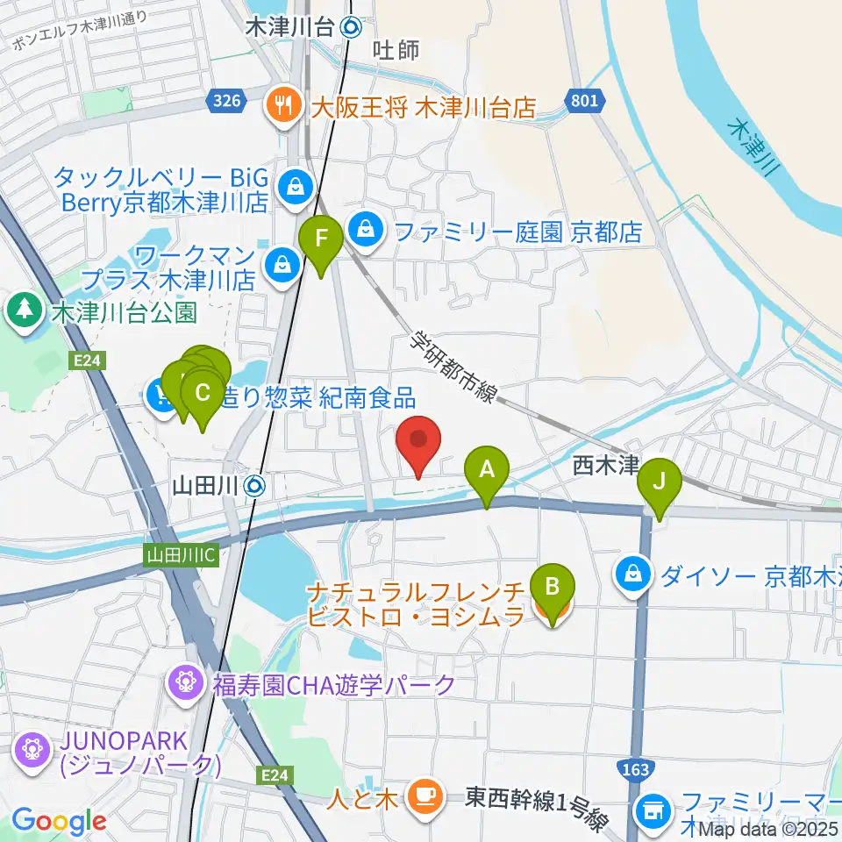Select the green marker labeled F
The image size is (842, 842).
tap(321, 239)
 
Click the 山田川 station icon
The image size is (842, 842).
tap(255, 484)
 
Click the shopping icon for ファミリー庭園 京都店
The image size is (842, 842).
tap(362, 232)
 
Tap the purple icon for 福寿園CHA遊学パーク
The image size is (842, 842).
tap(186, 681)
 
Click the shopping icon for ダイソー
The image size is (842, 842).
tap(632, 575)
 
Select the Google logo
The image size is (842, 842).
tap(58, 821)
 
